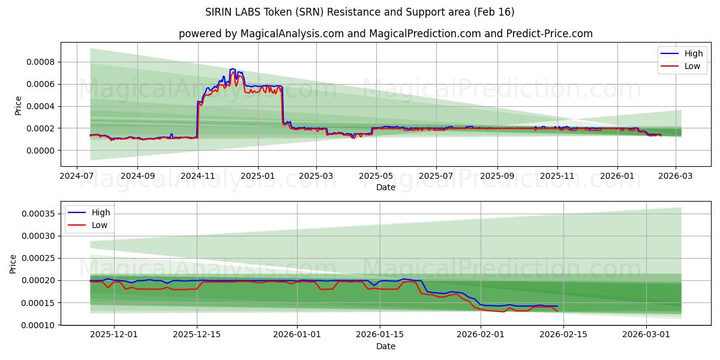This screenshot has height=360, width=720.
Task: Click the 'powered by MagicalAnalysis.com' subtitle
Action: [385, 34]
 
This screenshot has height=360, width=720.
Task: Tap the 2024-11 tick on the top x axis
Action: [198, 176]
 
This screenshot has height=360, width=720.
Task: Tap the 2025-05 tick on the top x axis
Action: [376, 176]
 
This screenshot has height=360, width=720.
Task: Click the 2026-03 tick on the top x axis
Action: [676, 176]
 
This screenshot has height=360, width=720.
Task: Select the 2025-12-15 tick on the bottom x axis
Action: [197, 335]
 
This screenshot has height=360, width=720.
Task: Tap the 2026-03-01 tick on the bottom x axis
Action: [646, 335]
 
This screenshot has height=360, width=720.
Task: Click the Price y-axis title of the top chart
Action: [18, 105]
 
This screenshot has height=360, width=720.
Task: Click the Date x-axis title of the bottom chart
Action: [385, 346]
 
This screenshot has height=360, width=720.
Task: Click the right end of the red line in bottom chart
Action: [557, 311]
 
